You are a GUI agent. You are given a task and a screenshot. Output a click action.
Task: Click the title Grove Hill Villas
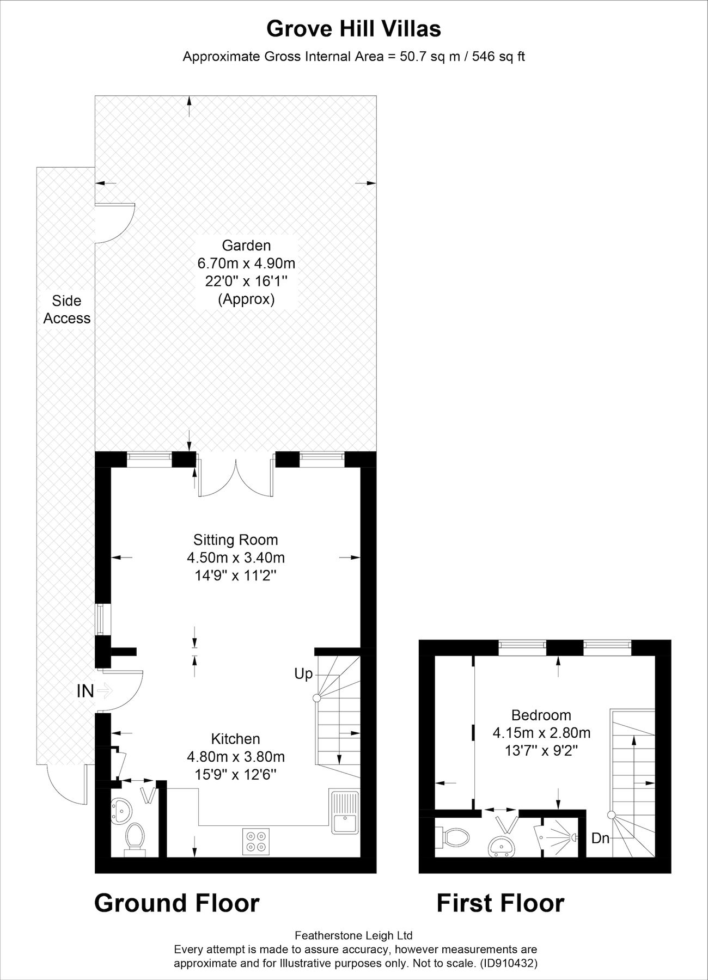[x=353, y=29]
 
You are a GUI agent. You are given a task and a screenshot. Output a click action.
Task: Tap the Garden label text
[x=246, y=246]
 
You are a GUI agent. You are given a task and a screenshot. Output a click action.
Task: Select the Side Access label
[x=67, y=309]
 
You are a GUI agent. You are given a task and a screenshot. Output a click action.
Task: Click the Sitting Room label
[x=236, y=540]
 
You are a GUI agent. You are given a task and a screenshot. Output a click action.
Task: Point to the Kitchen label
[x=236, y=739]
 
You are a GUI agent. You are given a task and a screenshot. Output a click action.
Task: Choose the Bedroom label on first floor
[x=541, y=715]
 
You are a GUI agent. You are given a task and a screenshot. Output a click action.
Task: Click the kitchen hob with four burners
[x=256, y=839]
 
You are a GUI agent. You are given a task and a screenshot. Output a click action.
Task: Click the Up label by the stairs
[x=303, y=674]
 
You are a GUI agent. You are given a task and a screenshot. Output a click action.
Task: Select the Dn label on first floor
[x=601, y=838]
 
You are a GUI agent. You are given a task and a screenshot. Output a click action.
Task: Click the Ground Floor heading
[x=176, y=903]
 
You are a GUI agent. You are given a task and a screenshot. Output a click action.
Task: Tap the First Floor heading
[x=500, y=903]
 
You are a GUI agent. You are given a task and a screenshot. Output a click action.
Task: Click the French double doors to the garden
[x=235, y=477]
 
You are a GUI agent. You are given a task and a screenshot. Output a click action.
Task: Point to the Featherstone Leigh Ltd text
[x=353, y=936]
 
